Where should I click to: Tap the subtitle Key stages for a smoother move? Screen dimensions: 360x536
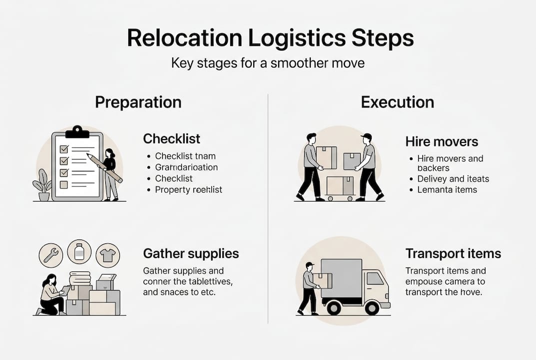(267, 64)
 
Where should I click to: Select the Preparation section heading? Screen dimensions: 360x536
(138, 102)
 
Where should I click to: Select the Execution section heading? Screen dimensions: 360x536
(397, 102)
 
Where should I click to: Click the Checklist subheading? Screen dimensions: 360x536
(171, 138)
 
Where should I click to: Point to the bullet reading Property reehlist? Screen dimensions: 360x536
(188, 189)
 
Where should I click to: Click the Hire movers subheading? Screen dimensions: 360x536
(442, 141)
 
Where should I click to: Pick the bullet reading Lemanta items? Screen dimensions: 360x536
(447, 189)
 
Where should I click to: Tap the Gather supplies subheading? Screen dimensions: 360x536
(191, 253)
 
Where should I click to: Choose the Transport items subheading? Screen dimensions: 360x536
(453, 253)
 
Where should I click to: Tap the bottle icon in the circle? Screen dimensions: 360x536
(79, 251)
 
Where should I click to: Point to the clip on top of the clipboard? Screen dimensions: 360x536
(77, 132)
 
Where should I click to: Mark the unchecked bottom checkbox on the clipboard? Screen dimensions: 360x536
(63, 184)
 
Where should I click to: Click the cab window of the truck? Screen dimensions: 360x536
(375, 279)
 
